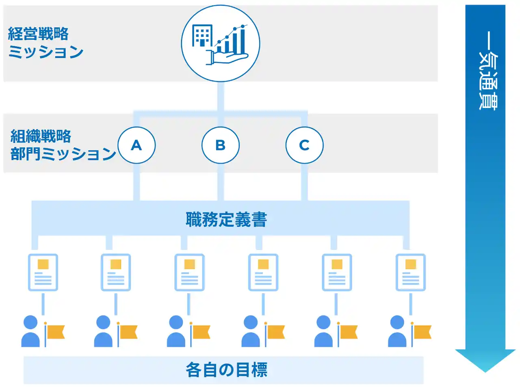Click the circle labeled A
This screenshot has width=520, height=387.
coord(136,145)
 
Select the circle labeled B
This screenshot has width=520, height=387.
coord(220,145)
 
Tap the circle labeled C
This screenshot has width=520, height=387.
coord(304,145)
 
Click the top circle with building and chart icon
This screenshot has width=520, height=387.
coord(220,43)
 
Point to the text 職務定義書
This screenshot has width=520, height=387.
coord(226,220)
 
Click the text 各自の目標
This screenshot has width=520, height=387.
coord(226,370)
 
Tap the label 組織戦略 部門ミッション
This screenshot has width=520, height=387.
coord(63,145)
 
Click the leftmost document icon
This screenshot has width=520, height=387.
coord(43,272)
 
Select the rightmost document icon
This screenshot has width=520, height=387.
coord(411,272)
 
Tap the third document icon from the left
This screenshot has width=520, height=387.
coord(189,272)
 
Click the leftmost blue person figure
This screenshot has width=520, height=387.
coord(30,331)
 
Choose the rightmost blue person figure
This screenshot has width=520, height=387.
coord(397,331)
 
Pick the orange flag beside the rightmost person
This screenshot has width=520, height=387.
coord(422,332)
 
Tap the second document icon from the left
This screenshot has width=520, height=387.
coord(116,272)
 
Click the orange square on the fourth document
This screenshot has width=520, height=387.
coord(263,264)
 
